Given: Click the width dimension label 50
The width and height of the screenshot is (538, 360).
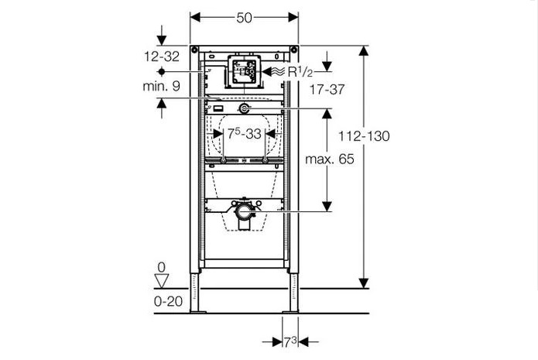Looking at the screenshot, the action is click(244, 18).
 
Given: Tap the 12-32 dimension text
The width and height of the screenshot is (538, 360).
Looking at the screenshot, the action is click(161, 57).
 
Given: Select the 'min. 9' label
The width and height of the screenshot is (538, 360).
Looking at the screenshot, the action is click(161, 86).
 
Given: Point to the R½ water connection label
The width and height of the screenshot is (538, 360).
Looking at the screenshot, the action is click(300, 72).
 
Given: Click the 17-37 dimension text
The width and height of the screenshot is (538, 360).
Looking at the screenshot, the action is click(327, 90).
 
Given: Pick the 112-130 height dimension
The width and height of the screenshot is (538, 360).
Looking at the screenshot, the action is click(364, 136).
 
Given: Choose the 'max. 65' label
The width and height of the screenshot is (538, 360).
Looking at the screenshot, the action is click(330, 159).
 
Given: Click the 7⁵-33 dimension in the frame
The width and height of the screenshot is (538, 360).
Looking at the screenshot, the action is click(245, 133).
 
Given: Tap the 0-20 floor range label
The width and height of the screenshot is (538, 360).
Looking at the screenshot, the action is click(168, 301).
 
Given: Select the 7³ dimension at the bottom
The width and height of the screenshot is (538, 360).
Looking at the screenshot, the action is click(290, 342).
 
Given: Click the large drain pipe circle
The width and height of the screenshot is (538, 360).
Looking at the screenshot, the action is click(245, 212).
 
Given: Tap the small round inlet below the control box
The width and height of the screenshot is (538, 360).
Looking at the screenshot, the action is click(244, 108).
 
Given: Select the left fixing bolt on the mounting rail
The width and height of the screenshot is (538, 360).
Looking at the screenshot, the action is click(224, 160).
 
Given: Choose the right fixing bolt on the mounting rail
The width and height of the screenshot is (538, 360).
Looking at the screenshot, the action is click(265, 160).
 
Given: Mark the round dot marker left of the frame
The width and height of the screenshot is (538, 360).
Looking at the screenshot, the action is click(162, 71).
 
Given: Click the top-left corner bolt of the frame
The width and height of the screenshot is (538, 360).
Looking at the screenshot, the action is click(194, 49).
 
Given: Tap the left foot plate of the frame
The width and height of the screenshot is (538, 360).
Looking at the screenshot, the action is click(198, 311).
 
